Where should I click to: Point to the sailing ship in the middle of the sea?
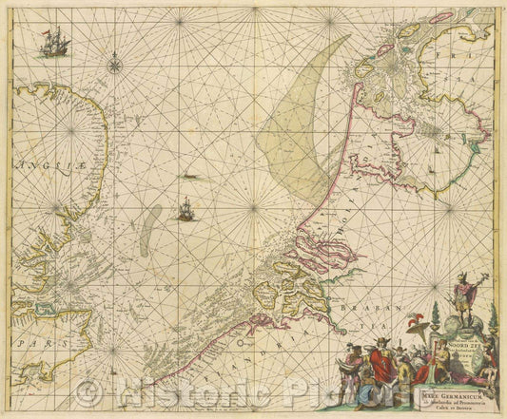click(185, 208)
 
